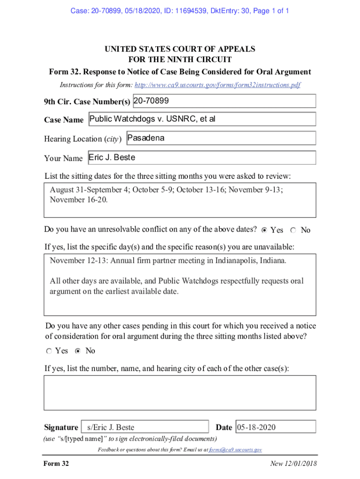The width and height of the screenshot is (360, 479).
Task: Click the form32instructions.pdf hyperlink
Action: [x=217, y=85]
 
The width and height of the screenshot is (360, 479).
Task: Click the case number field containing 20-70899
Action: [x=224, y=101]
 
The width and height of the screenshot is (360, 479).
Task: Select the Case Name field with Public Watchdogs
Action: [x=202, y=119]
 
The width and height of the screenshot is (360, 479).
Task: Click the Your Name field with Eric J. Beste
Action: [x=202, y=158]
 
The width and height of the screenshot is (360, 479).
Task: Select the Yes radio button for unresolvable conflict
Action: [x=264, y=230]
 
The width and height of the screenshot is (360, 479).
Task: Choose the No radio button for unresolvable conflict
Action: [x=293, y=230]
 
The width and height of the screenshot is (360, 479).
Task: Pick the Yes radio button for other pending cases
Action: [x=49, y=351]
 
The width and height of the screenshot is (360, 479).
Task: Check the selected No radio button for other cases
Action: [x=78, y=351]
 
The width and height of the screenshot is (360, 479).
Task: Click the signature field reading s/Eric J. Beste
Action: [x=145, y=427]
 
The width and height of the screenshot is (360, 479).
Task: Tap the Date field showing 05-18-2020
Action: [x=275, y=427]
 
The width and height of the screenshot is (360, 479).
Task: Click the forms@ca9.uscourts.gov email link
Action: [x=235, y=450]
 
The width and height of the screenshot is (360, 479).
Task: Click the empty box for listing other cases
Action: [x=180, y=392]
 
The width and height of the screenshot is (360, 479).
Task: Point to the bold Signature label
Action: [x=61, y=427]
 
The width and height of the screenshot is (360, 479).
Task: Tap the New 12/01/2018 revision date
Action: [x=293, y=464]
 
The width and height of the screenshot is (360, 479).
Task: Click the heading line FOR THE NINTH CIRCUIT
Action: [x=180, y=60]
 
